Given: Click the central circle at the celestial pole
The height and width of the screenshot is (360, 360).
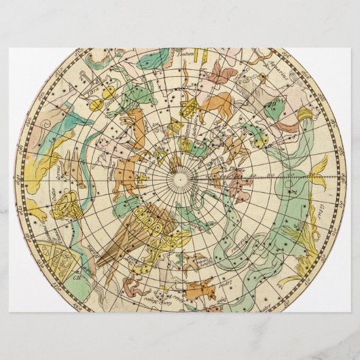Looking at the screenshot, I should point(181,178).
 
